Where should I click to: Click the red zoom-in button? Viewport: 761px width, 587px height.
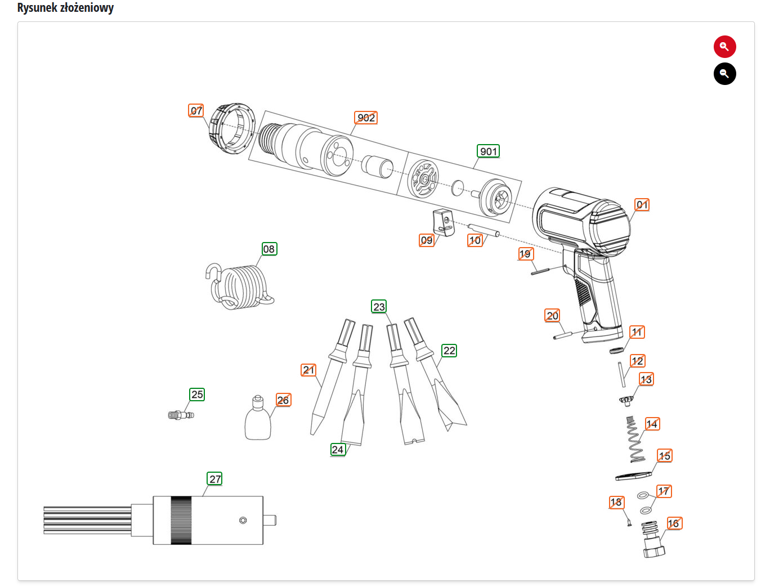pos(724,47)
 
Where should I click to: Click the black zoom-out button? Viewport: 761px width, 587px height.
pos(724,74)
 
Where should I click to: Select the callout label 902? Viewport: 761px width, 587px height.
pos(366,118)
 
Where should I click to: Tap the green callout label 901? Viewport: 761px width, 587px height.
pos(489,151)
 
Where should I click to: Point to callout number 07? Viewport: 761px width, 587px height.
pos(196,110)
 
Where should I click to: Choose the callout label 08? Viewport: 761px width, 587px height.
pos(269,249)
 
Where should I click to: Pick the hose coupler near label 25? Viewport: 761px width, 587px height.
pos(181,415)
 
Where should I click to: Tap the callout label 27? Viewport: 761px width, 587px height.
pos(215,479)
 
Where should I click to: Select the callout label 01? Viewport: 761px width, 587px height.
pos(642,205)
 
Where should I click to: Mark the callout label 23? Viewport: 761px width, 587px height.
pos(379,307)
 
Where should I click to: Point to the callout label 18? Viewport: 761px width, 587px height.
pos(616,502)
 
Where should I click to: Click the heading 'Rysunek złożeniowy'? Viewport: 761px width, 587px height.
pos(65,8)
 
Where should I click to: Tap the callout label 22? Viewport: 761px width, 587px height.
pos(449,351)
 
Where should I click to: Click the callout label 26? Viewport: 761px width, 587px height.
pos(283,400)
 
